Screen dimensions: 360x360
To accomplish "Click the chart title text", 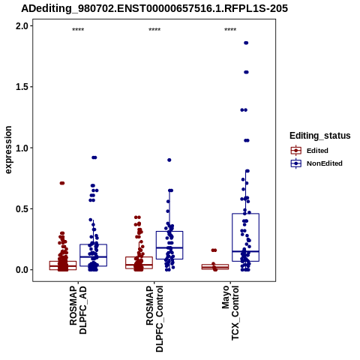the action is (x=154, y=8).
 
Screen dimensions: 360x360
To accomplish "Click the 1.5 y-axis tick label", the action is (x=22, y=87).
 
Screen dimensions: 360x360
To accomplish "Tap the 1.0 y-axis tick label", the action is (x=22, y=148).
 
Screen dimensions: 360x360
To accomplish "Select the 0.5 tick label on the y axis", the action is (x=22, y=208).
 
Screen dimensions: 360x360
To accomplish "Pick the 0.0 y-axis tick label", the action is (x=22, y=270).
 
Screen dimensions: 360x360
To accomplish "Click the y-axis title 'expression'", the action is (x=8, y=150).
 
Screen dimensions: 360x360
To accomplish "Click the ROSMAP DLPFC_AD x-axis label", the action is (x=78, y=310).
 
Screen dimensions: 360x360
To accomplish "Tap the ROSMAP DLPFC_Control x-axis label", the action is (x=154, y=319).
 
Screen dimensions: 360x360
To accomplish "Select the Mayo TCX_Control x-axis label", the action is (x=230, y=313).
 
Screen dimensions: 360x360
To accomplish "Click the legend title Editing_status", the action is (x=320, y=136).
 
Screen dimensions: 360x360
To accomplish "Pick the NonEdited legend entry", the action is (x=316, y=163).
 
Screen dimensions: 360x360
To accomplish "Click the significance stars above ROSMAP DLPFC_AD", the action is (x=78, y=30).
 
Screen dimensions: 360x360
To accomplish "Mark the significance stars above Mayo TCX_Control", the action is (x=230, y=30).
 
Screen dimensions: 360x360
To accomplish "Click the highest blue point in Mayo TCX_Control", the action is (x=246, y=43).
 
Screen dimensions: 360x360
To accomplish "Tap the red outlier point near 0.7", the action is (x=62, y=183).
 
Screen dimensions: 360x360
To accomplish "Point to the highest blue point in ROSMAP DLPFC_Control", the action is (x=169, y=160).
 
